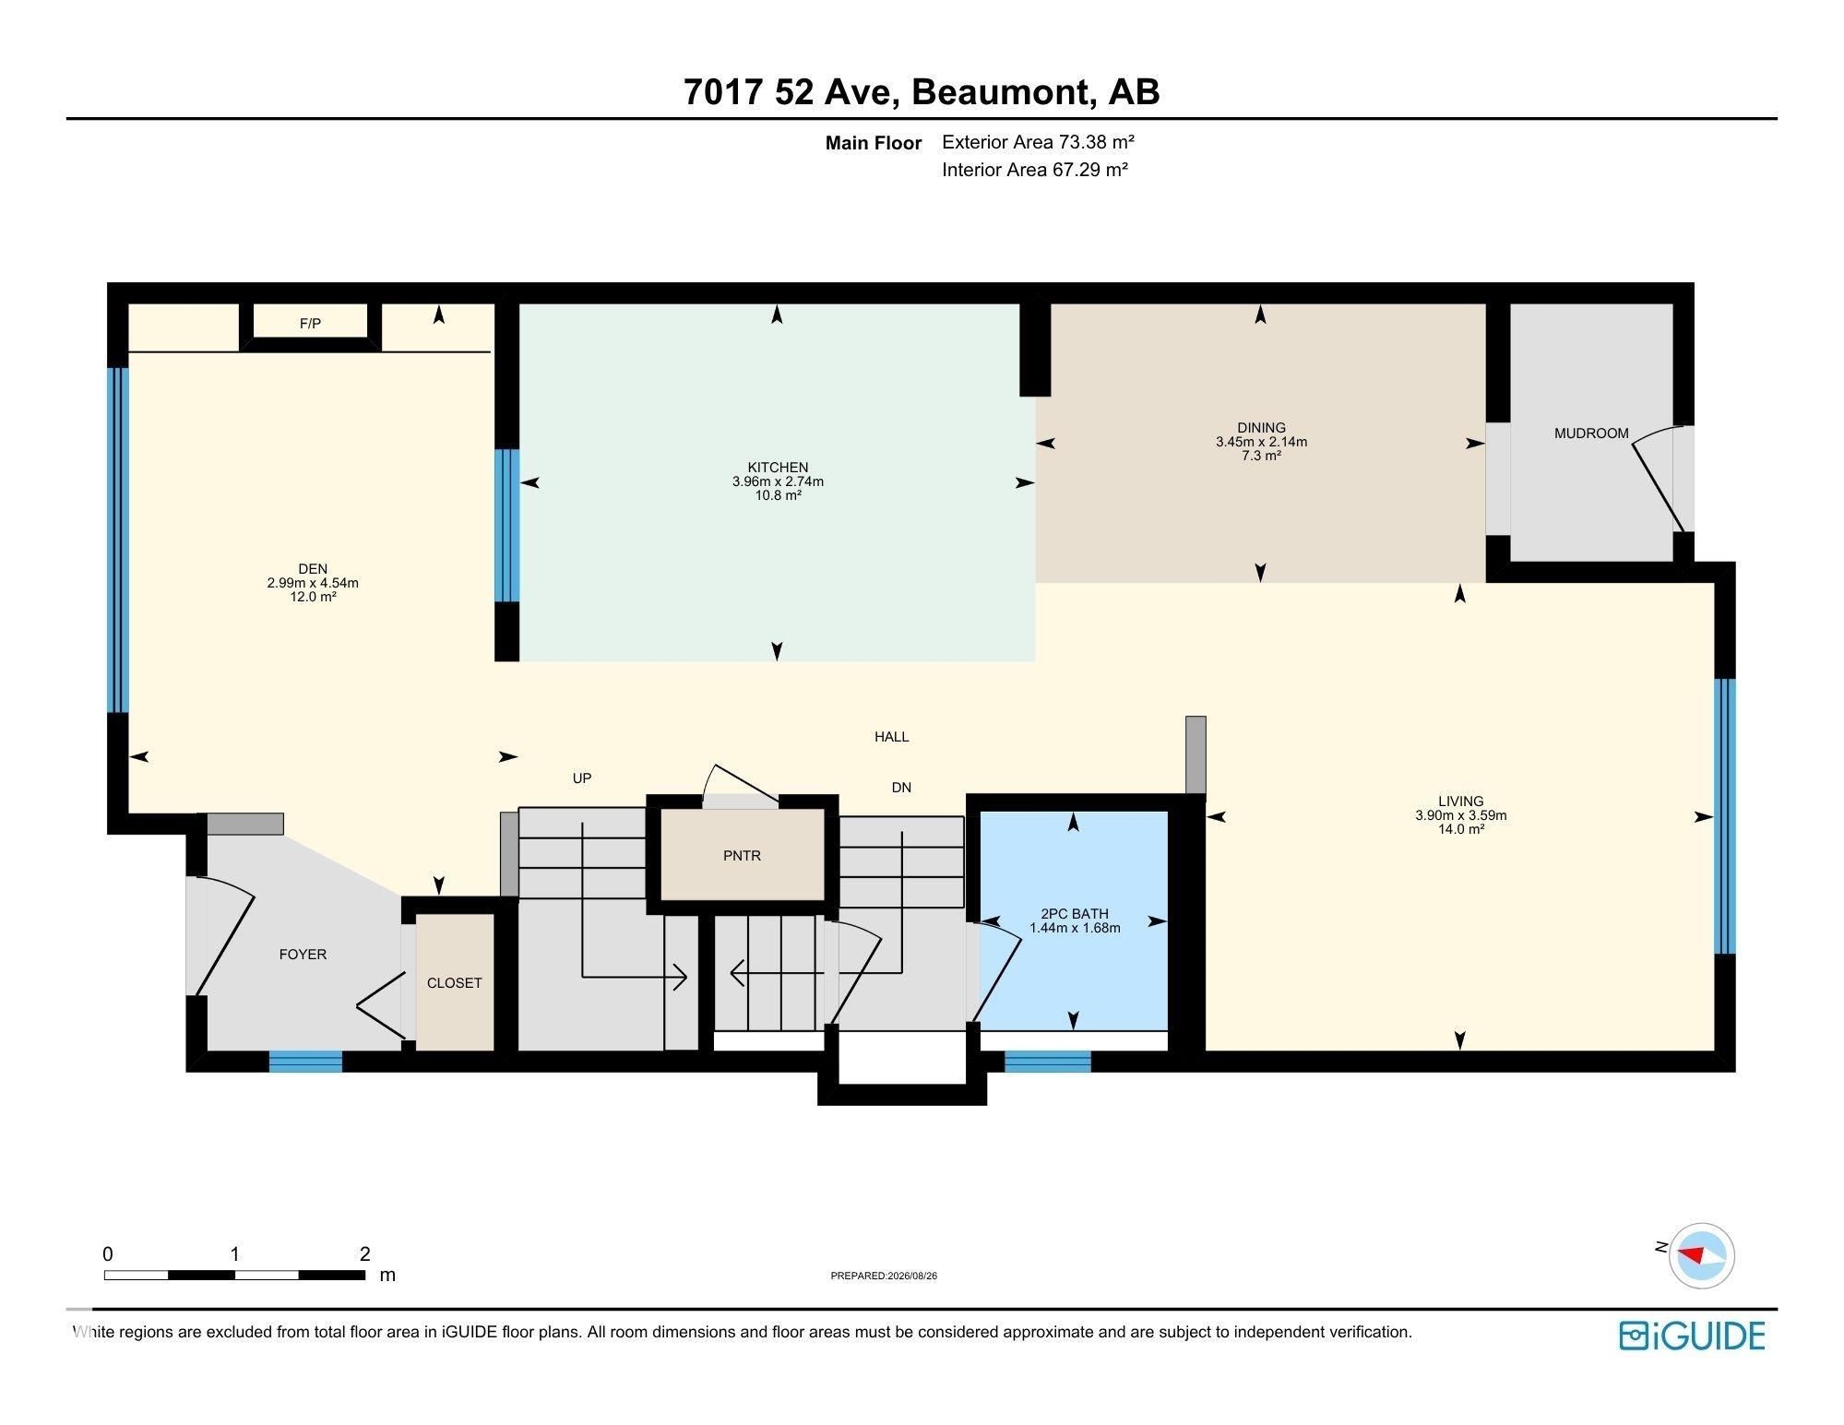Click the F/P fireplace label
tap(310, 324)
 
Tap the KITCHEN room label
tap(778, 468)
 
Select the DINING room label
tap(1261, 428)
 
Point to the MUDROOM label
tap(1591, 433)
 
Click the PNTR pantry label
tap(742, 856)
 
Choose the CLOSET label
tap(454, 983)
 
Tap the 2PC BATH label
tap(1075, 914)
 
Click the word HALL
tap(891, 737)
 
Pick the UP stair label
tap(581, 778)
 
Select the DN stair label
tap(901, 788)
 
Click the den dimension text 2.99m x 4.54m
tap(313, 583)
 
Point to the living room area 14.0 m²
tap(1460, 829)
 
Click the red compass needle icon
tap(1690, 1255)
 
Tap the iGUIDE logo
tap(1692, 1336)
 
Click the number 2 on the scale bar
tap(365, 1253)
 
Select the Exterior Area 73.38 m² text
tap(1038, 142)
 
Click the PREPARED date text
tap(884, 1277)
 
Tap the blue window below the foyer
tap(305, 1062)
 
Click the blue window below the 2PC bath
tap(1047, 1062)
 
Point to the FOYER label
tap(303, 955)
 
